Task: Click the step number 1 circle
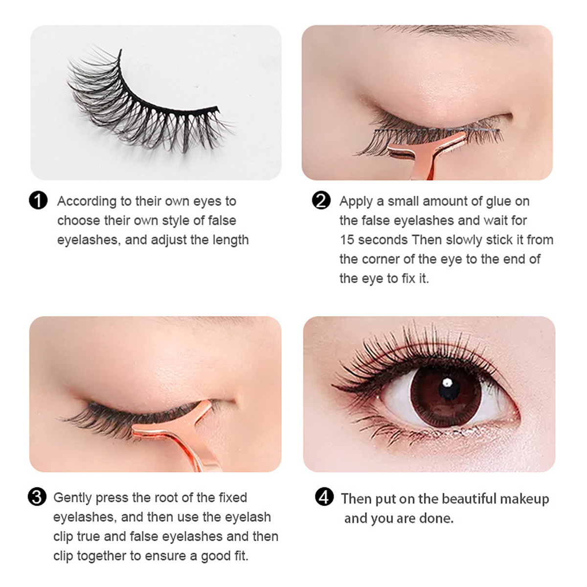coord(38,201)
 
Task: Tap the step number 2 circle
coord(321,201)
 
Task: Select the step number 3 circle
coord(37,497)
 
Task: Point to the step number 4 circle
coord(324,498)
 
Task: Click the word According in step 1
coord(87,202)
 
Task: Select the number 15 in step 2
coord(347,240)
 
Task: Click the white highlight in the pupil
coord(447,382)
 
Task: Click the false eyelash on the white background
coord(147,103)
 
